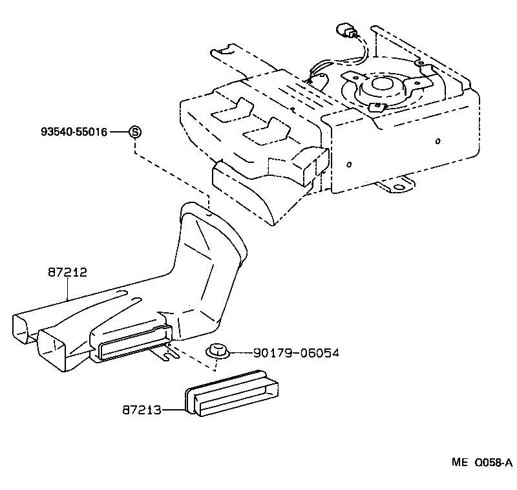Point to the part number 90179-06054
296,353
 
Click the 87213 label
141,409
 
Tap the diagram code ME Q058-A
481,462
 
